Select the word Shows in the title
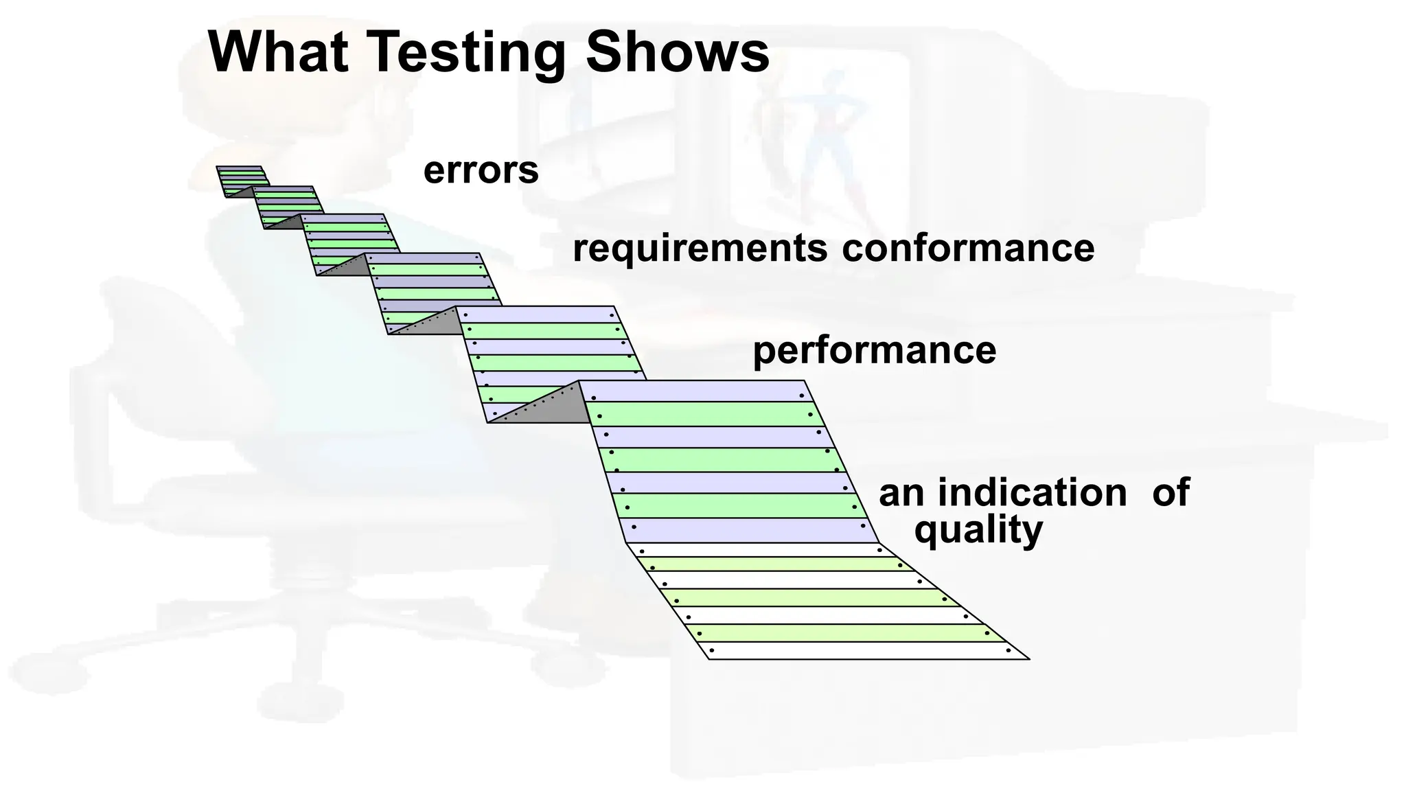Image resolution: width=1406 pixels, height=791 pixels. click(x=677, y=52)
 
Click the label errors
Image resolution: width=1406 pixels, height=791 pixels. click(x=481, y=170)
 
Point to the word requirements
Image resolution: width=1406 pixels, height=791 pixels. click(x=700, y=249)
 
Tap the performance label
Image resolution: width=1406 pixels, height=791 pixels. click(x=874, y=350)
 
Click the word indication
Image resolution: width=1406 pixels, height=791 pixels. click(x=1032, y=493)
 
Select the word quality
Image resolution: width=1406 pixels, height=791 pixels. click(x=978, y=530)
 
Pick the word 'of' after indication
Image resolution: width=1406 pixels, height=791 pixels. click(x=1171, y=493)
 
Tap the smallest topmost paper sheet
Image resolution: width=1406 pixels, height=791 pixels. click(x=240, y=180)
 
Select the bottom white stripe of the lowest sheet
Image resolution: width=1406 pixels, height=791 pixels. click(x=858, y=650)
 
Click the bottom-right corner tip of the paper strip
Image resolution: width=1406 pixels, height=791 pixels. click(x=1026, y=658)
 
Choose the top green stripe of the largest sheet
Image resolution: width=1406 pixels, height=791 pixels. click(x=700, y=414)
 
